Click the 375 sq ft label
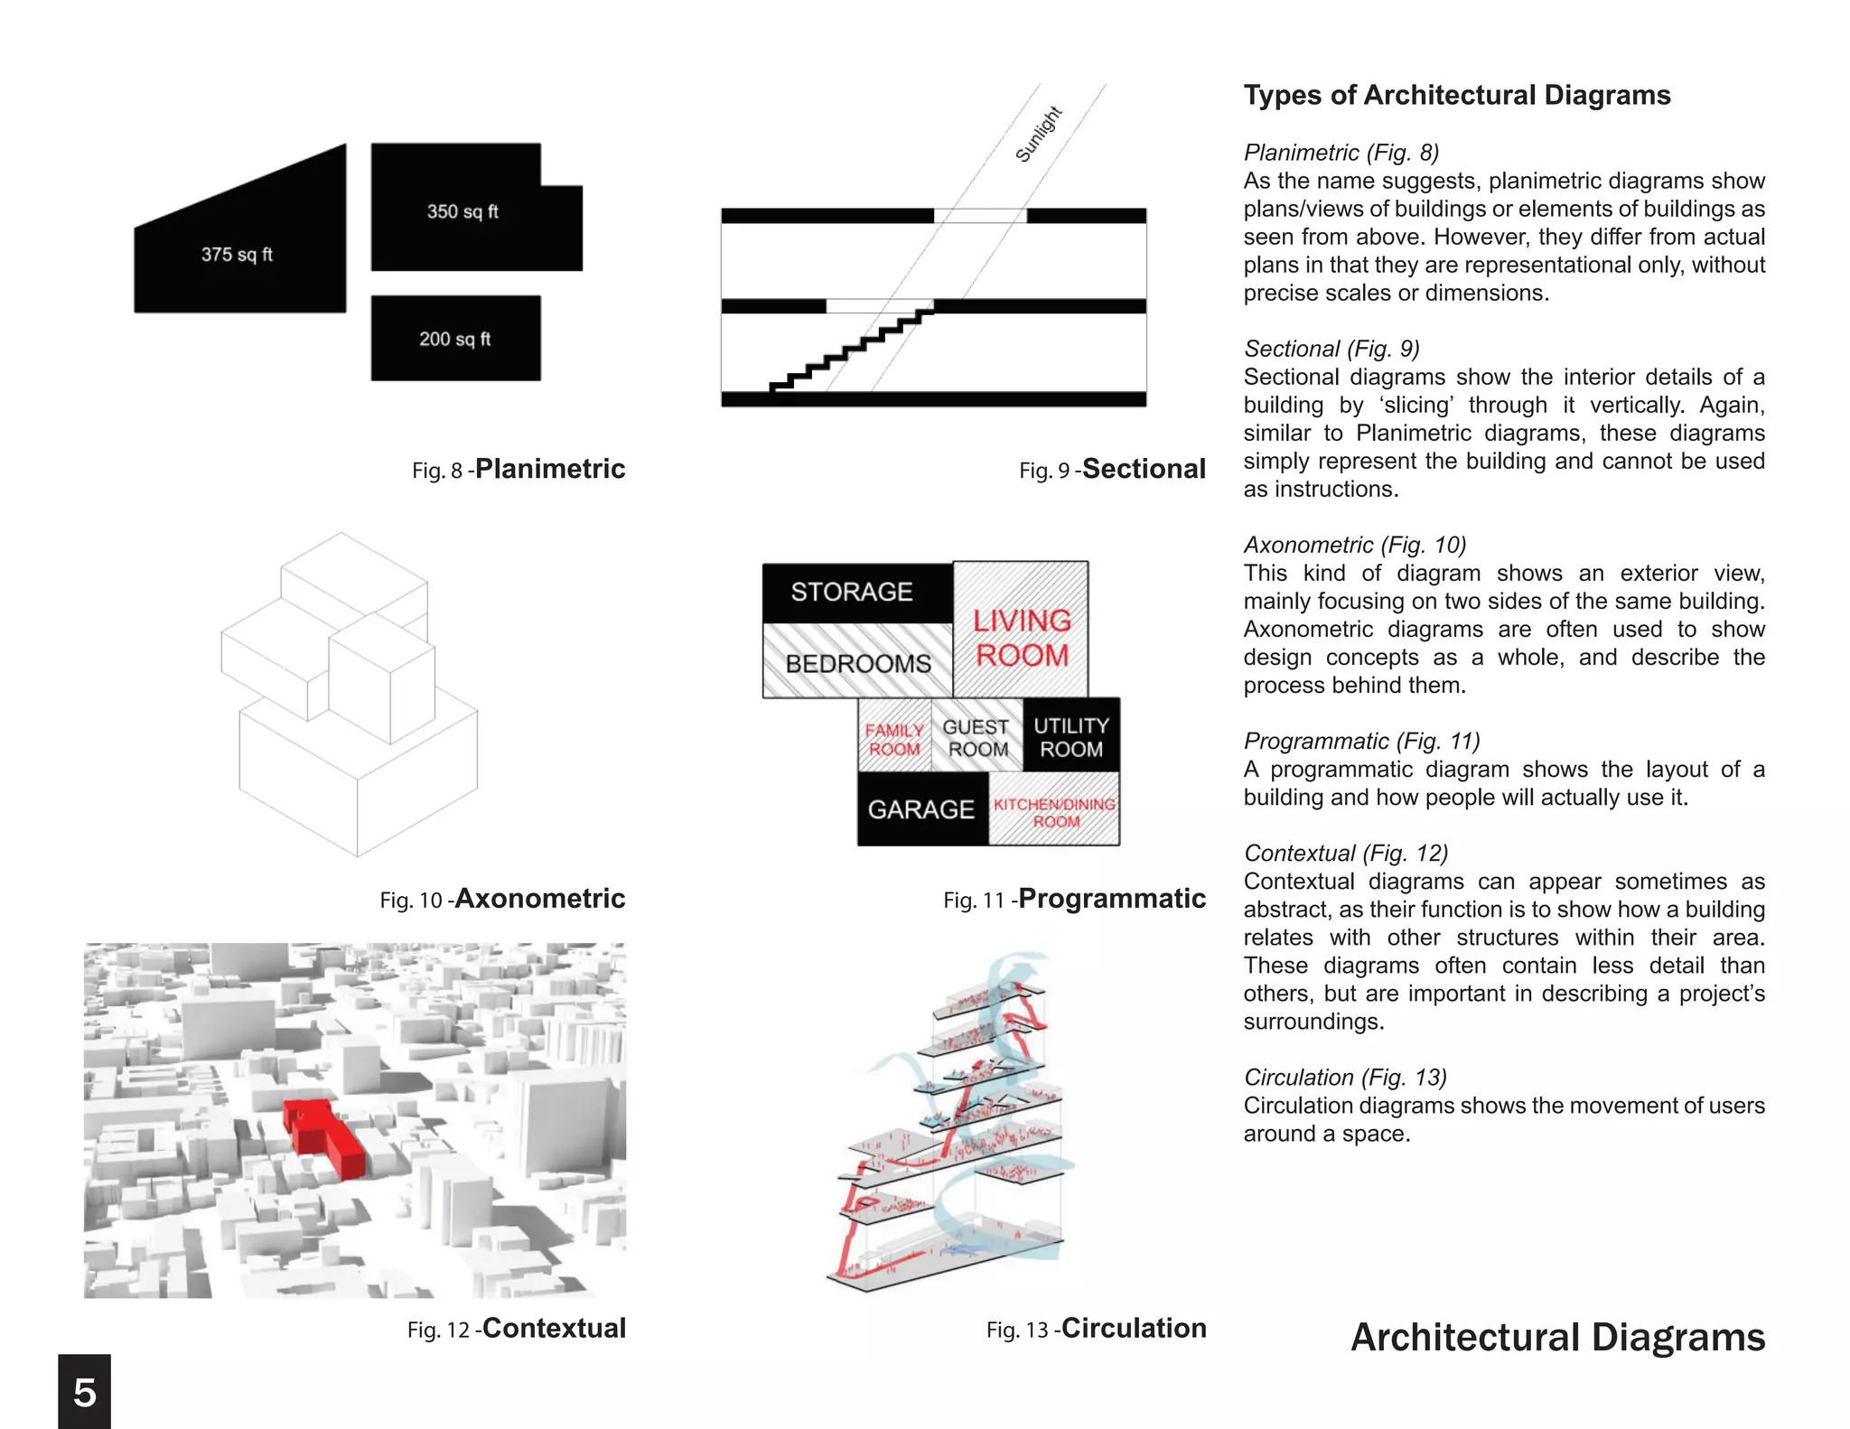click(237, 255)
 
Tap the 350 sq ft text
click(462, 211)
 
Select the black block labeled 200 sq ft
click(455, 339)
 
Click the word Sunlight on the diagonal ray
click(1039, 135)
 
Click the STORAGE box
click(853, 593)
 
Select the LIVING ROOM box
click(1022, 637)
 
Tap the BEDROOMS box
click(858, 664)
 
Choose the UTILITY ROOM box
click(1071, 737)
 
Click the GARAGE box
click(921, 809)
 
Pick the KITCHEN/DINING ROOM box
click(1055, 812)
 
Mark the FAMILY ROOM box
click(894, 739)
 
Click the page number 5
click(85, 1392)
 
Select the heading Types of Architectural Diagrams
click(1456, 96)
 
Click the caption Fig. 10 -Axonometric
click(502, 899)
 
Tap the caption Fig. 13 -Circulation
click(1096, 1329)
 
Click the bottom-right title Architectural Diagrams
click(1557, 1338)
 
